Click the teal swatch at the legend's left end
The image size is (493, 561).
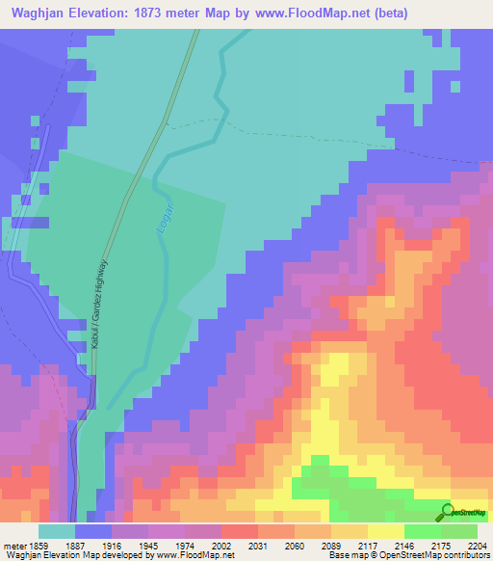[56, 530]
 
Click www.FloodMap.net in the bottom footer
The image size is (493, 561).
[196, 554]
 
